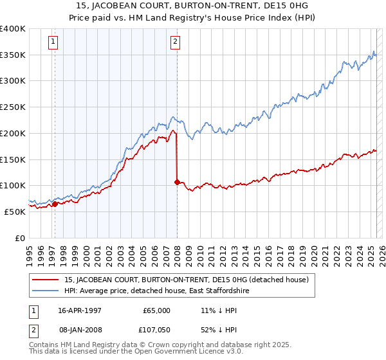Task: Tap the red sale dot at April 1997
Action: coord(55,204)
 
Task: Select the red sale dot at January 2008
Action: coord(177,182)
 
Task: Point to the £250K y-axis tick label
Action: coord(14,107)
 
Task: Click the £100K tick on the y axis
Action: coord(14,185)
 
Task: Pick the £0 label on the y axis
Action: coord(20,237)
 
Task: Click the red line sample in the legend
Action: coord(46,280)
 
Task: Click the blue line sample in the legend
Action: coord(46,291)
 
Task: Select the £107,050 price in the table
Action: coord(154,329)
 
